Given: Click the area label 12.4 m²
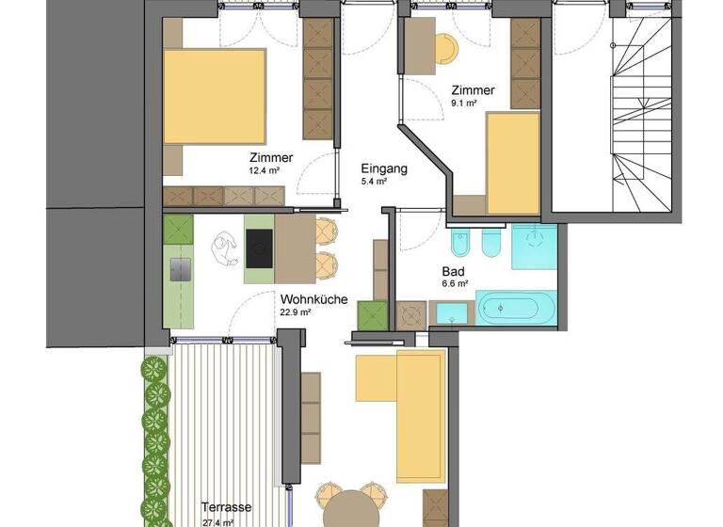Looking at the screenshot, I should click(x=265, y=171).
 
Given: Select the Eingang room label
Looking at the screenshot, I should click(x=384, y=169).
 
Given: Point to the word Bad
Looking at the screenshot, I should click(x=452, y=271).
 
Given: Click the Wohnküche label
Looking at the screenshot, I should click(x=313, y=300).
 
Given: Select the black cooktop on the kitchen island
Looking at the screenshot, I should click(x=259, y=248).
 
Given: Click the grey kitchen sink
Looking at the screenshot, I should click(x=179, y=269).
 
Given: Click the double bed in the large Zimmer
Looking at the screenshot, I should click(x=215, y=95).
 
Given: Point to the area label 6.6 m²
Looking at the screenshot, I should click(x=453, y=284).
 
